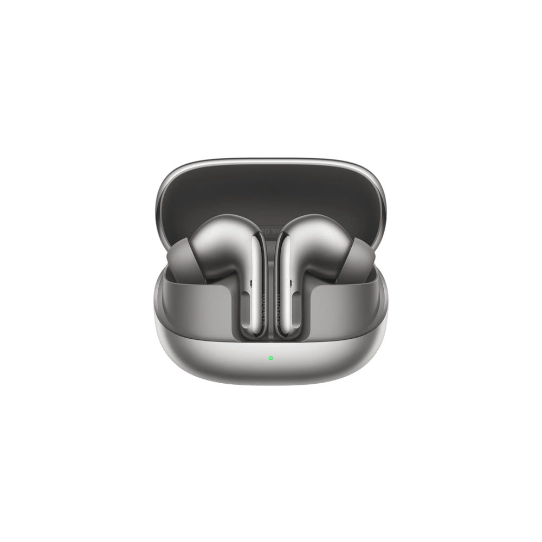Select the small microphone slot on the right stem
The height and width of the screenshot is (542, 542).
[x=291, y=282]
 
